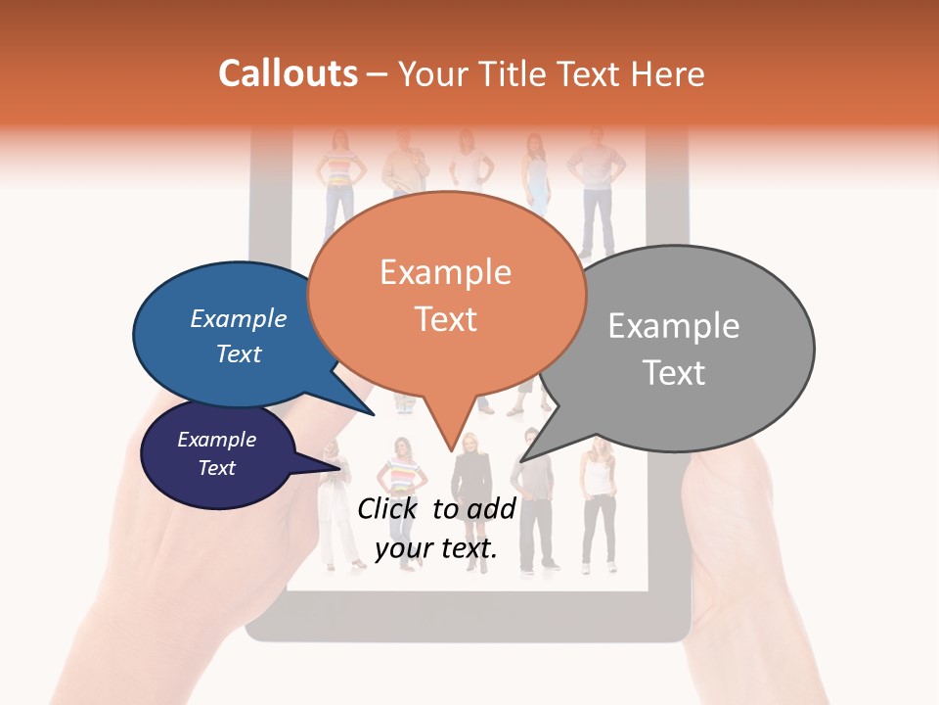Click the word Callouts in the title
coord(288,73)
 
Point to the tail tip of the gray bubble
coord(522,459)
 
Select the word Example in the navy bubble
coord(216,440)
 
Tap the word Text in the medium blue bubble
coord(239,353)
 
